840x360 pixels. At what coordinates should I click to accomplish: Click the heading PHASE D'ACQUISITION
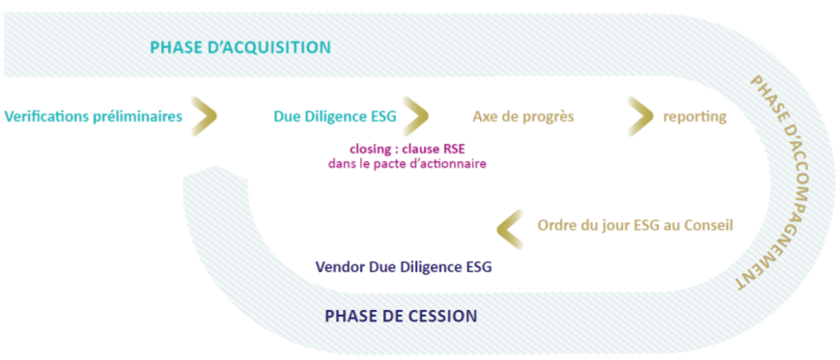[240, 47]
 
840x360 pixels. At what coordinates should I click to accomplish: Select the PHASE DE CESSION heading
[401, 316]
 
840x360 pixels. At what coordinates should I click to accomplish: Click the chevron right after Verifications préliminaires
[205, 116]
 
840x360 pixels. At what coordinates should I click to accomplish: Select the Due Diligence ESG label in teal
[335, 117]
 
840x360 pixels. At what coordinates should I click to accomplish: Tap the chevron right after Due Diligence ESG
[417, 116]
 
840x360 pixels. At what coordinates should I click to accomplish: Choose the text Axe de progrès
[523, 117]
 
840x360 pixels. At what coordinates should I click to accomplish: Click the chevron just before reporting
[641, 116]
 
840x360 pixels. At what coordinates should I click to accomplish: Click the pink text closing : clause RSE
[407, 149]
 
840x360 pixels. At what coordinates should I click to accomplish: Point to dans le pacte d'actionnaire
[407, 163]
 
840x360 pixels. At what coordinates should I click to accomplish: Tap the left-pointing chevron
[510, 229]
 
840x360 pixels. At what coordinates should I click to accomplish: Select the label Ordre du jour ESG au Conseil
[635, 226]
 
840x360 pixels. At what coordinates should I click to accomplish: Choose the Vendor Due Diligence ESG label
[404, 266]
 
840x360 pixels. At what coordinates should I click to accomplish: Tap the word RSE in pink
[455, 149]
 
